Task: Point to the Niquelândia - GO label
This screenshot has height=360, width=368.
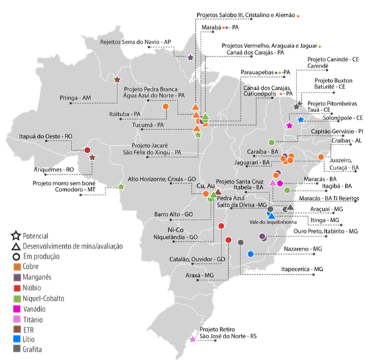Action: click(175, 238)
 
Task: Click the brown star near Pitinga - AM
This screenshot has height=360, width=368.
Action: click(117, 80)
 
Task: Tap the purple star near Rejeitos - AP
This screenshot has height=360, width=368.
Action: click(190, 58)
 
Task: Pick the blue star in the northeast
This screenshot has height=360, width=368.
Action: click(301, 120)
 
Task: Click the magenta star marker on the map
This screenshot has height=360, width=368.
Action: click(289, 126)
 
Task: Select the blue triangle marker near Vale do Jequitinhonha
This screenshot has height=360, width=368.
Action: click(271, 215)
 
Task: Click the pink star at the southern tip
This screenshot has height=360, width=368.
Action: click(193, 339)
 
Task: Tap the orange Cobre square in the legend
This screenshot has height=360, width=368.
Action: click(16, 267)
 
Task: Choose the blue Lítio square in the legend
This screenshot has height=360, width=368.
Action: click(16, 338)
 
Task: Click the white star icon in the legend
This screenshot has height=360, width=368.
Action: click(16, 236)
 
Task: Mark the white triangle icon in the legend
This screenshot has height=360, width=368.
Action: click(16, 247)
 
